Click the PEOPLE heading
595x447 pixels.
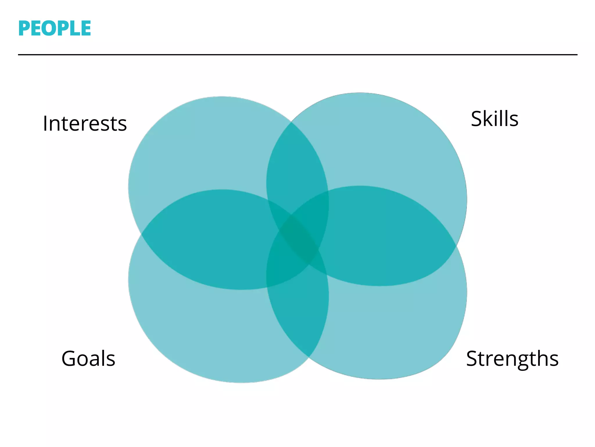[55, 29]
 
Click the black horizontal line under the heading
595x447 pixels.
[297, 54]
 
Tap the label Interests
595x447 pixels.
[85, 124]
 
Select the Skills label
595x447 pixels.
[494, 119]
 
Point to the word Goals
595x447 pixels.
[88, 359]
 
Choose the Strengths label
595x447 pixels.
[512, 359]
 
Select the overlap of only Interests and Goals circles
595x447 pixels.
[209, 239]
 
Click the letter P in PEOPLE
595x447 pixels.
[24, 29]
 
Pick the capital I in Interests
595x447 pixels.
[45, 124]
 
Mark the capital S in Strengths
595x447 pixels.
[472, 359]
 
